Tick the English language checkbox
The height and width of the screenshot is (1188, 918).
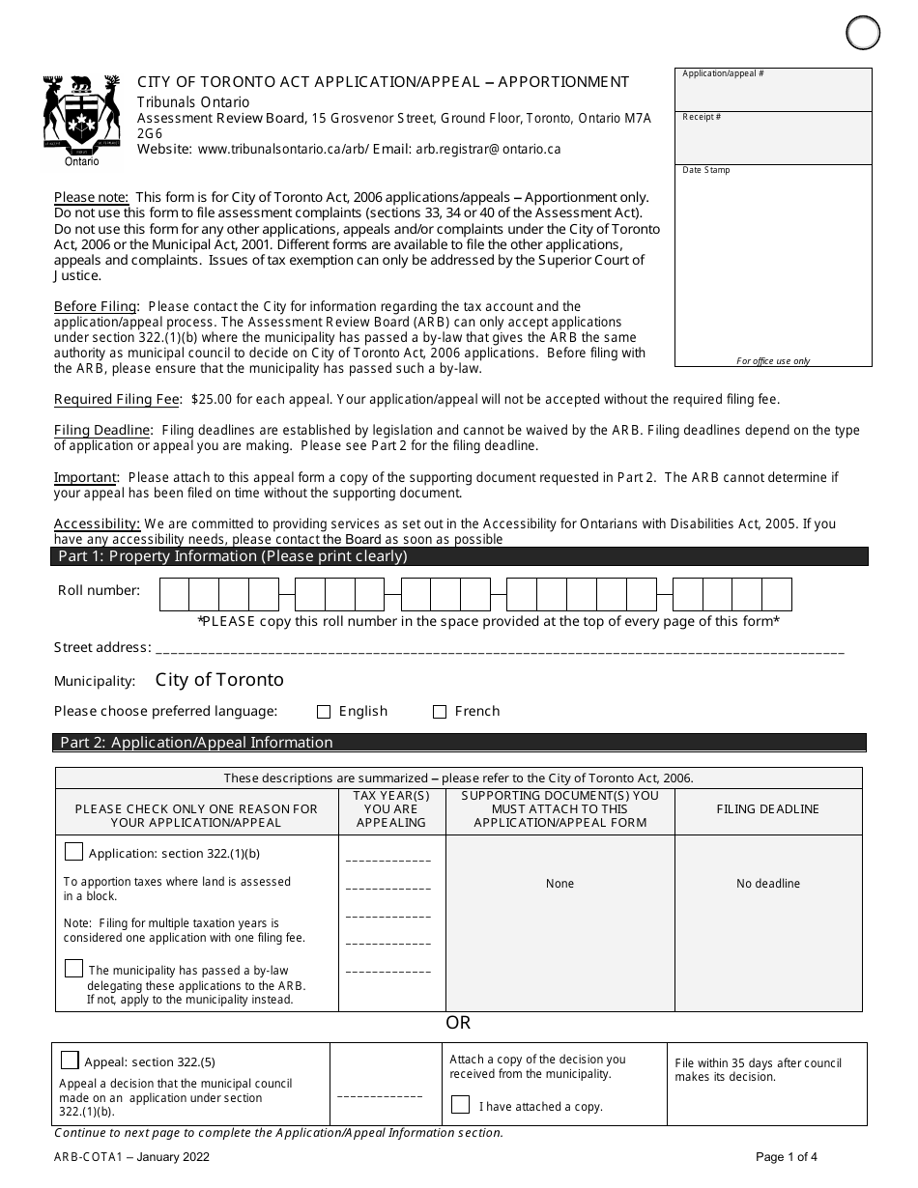coord(324,712)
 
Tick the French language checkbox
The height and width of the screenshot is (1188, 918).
coord(440,712)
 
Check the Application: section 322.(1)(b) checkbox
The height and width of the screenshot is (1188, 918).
coord(73,852)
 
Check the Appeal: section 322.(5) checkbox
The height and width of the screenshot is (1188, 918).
coord(70,1060)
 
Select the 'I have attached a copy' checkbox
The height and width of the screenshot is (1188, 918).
coord(461,1105)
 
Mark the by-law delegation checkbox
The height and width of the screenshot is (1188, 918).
coord(73,968)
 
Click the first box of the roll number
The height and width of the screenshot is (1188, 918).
coord(174,594)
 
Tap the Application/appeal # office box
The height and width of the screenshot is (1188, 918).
coord(773,90)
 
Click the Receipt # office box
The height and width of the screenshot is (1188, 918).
coord(773,137)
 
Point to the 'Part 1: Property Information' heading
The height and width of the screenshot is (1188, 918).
coord(233,556)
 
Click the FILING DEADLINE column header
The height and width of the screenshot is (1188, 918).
coord(767,809)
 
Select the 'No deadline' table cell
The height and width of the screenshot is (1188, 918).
coord(767,884)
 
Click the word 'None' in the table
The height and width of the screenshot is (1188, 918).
coord(559,884)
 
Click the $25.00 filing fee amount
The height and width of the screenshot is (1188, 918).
coord(211,399)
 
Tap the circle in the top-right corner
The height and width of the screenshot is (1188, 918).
coord(863,33)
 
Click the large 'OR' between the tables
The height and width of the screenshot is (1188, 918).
coord(458,1023)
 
